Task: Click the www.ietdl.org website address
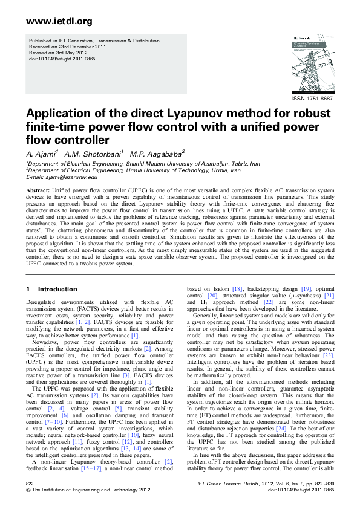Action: pos(59,22)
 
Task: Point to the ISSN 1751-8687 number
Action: pos(312,98)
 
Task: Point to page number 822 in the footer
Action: pos(30,484)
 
